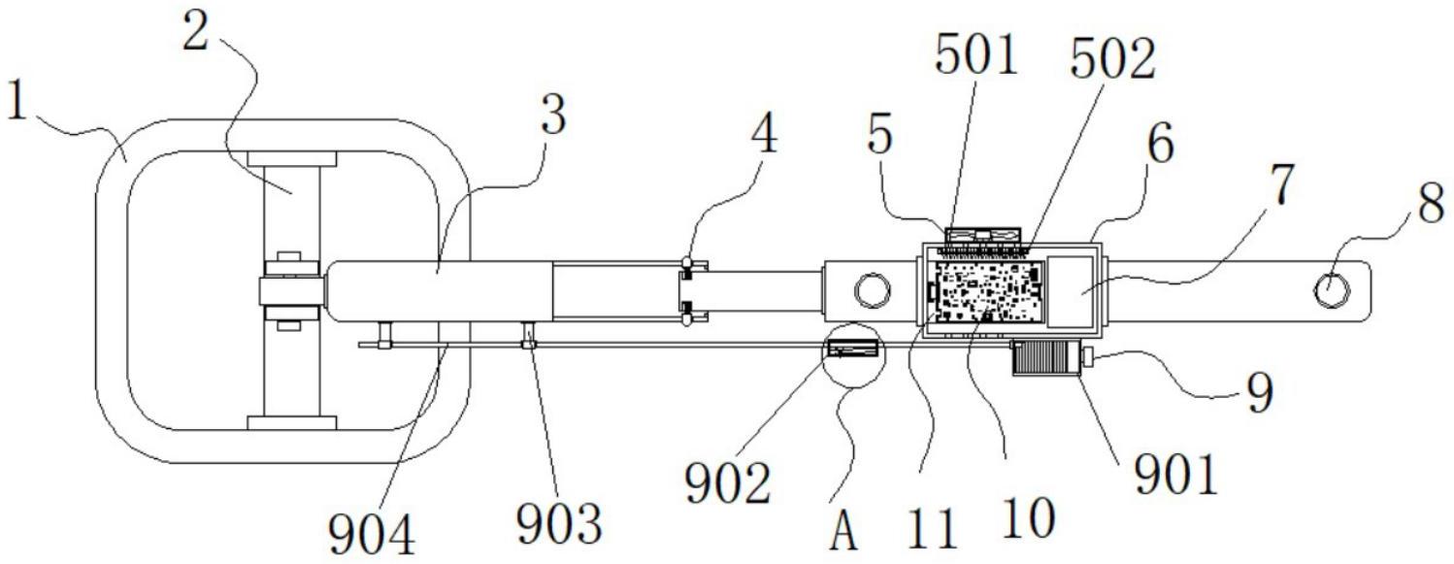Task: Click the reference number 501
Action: (976, 54)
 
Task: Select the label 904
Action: (372, 534)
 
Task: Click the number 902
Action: (728, 483)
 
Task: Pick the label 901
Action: (1175, 475)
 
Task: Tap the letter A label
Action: (843, 530)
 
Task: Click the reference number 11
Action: (933, 528)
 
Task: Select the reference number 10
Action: (1028, 518)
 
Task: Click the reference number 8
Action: (1430, 203)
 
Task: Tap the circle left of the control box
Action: (873, 290)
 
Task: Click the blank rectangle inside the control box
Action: (1070, 291)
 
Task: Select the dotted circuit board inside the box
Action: (985, 291)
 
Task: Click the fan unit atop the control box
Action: (983, 236)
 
